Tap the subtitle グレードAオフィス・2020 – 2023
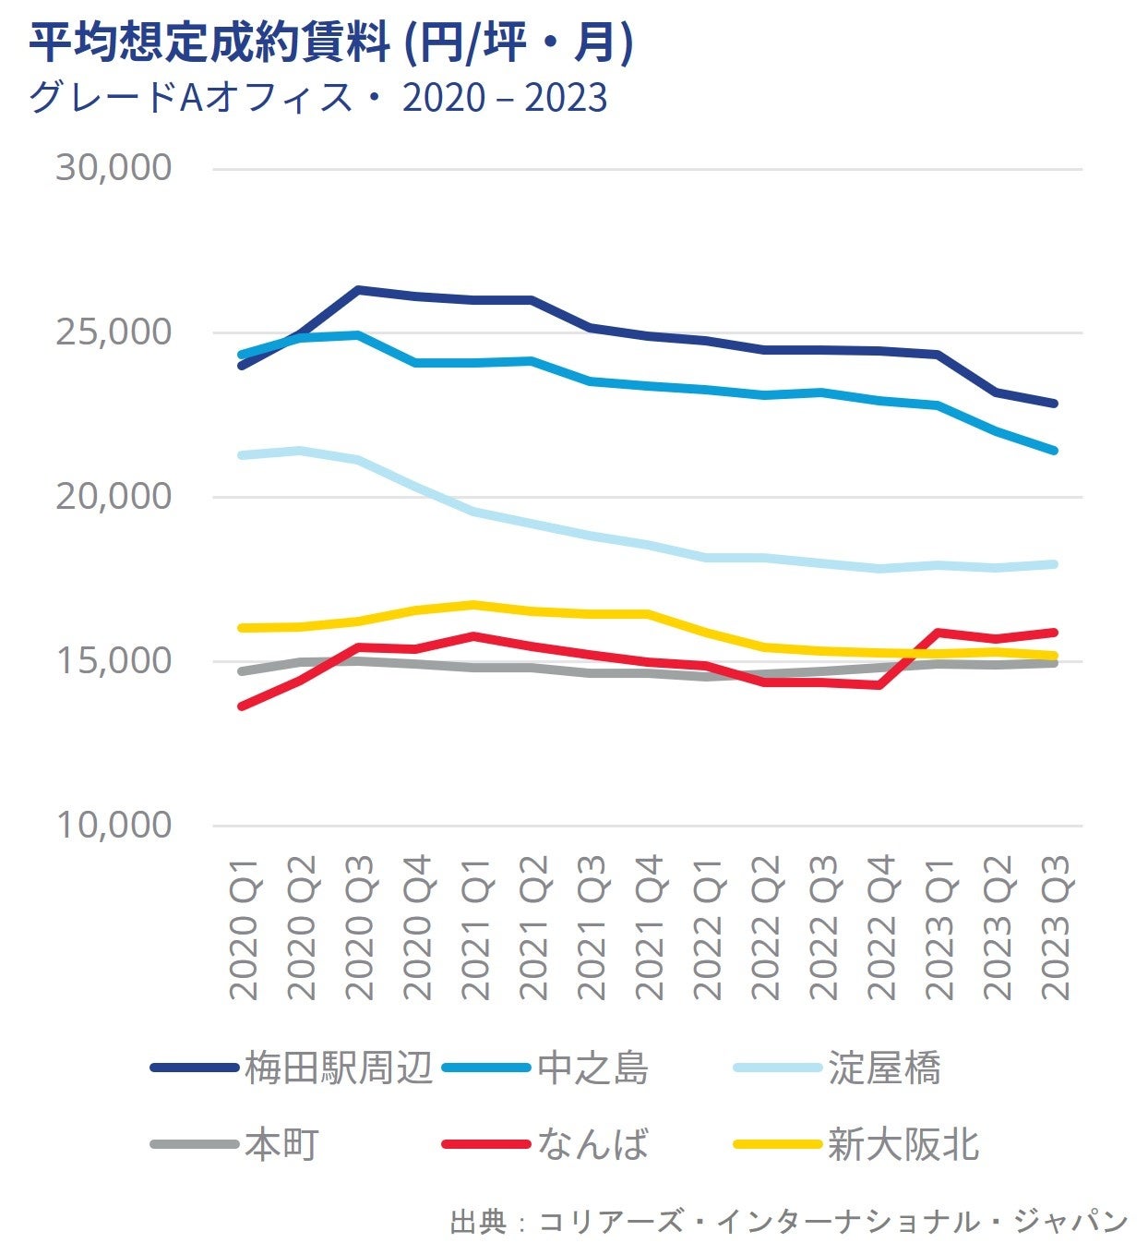pyautogui.click(x=318, y=98)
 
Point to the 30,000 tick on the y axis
pyautogui.click(x=114, y=168)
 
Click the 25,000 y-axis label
pyautogui.click(x=114, y=332)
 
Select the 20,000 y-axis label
pyautogui.click(x=114, y=497)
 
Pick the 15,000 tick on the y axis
pyautogui.click(x=114, y=661)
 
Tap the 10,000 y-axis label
pyautogui.click(x=114, y=825)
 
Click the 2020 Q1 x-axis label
pyautogui.click(x=245, y=927)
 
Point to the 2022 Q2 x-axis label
pyautogui.click(x=766, y=927)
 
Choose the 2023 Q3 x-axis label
pyautogui.click(x=1056, y=927)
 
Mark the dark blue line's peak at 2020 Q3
pyautogui.click(x=358, y=290)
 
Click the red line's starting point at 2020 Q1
pyautogui.click(x=242, y=706)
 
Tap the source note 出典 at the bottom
pyautogui.click(x=789, y=1222)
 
